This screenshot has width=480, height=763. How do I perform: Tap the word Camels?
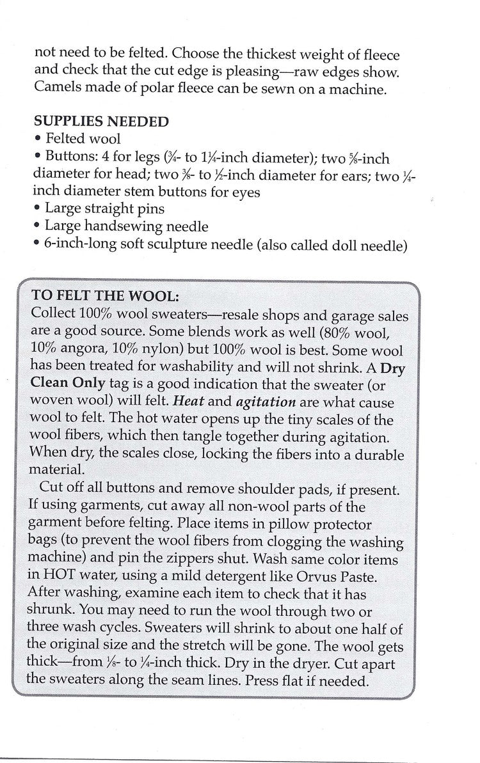point(57,89)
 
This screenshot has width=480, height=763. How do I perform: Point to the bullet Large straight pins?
point(100,208)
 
